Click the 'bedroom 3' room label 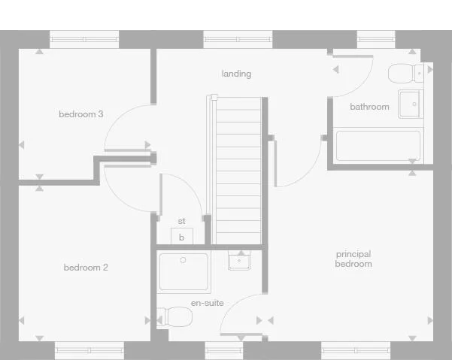(x=81, y=114)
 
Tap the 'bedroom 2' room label (x=86, y=268)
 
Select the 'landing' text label (x=236, y=74)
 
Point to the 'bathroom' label (x=369, y=107)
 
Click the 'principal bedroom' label (x=353, y=259)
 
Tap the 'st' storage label (x=181, y=221)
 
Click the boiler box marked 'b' (x=181, y=237)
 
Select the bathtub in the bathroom (x=378, y=145)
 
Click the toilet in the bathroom (x=407, y=73)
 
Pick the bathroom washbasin (x=410, y=104)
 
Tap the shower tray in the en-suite (x=184, y=272)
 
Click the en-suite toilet (x=174, y=316)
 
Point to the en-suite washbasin (x=240, y=261)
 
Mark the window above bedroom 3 (x=84, y=39)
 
